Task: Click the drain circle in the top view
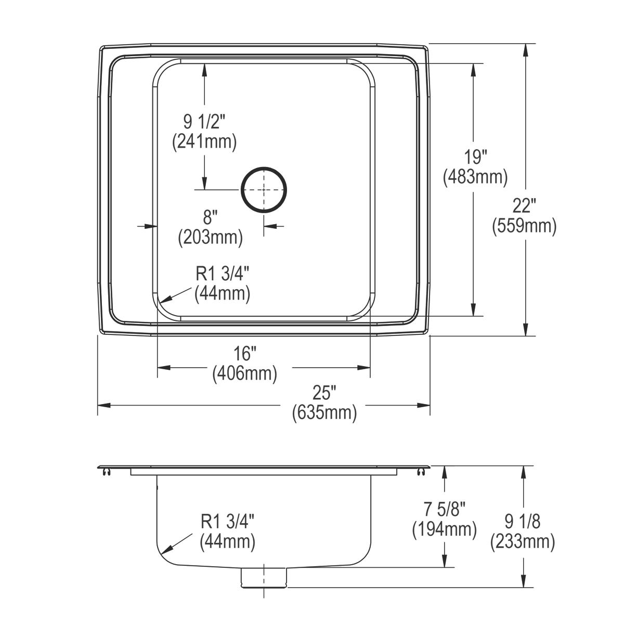tap(264, 190)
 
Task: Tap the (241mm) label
tap(204, 142)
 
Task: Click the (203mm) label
tap(210, 238)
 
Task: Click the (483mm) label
tap(475, 177)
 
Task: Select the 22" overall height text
tap(524, 206)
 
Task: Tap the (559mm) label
tap(524, 226)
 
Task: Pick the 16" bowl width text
tap(244, 354)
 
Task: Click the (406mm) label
tap(244, 374)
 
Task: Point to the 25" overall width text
tap(324, 392)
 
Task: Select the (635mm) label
tap(324, 413)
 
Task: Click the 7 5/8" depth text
tap(444, 509)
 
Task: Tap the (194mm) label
tap(444, 529)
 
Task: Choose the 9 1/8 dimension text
tap(522, 521)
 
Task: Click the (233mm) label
tap(522, 542)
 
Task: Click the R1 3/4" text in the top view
tap(222, 274)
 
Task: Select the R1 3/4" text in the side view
tap(227, 522)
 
